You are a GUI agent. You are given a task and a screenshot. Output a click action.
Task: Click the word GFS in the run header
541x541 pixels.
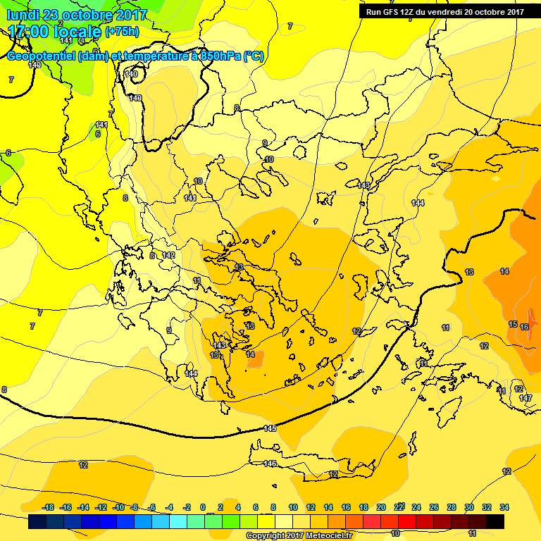click(393, 11)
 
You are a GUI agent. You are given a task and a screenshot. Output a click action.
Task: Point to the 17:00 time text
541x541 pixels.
click(29, 32)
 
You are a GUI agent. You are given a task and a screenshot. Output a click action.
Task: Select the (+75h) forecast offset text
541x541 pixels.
click(122, 32)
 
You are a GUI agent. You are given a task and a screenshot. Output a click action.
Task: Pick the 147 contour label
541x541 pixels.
click(526, 399)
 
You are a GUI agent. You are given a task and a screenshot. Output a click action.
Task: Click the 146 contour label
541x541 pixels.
click(270, 464)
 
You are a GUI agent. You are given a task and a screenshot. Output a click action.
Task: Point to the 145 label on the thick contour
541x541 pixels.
click(269, 428)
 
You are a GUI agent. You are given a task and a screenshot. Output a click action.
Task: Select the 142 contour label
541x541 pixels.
click(168, 255)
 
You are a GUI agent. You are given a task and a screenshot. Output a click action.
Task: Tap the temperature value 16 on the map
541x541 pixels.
click(524, 327)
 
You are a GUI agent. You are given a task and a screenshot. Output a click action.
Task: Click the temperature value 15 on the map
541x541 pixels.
click(512, 324)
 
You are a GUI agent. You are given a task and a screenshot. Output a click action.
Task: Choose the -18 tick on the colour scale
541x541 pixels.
click(49, 507)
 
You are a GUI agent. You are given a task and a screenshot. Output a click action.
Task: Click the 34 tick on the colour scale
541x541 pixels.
click(504, 507)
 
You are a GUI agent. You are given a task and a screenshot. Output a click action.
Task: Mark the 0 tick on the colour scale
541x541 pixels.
click(203, 507)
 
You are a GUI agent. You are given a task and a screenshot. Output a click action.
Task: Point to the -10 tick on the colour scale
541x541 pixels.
click(118, 507)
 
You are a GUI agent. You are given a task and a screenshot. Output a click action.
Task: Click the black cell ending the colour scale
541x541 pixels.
click(495, 521)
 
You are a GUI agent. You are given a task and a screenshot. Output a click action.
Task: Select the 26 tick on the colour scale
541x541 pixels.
click(434, 507)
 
